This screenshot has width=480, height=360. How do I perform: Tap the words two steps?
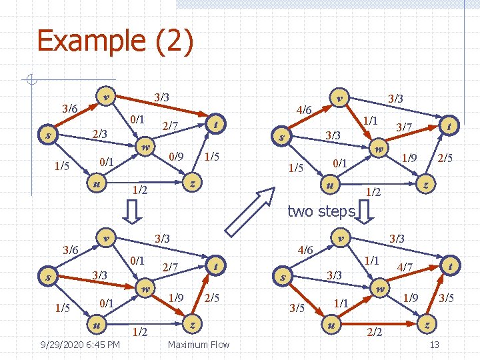pyautogui.click(x=321, y=212)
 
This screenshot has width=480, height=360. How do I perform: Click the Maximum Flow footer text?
pyautogui.click(x=199, y=345)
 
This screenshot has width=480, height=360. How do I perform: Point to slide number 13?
pyautogui.click(x=434, y=345)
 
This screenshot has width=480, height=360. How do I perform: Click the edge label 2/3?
pyautogui.click(x=99, y=134)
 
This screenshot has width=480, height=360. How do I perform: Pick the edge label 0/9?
pyautogui.click(x=176, y=158)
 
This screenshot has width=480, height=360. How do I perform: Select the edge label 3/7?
pyautogui.click(x=403, y=127)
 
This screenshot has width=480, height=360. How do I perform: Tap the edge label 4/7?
pyautogui.click(x=405, y=267)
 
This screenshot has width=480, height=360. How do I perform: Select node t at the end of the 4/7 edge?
pyautogui.click(x=451, y=265)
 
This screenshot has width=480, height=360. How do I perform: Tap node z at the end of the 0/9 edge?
pyautogui.click(x=191, y=182)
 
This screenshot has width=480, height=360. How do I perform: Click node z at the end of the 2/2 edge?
pyautogui.click(x=426, y=324)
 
